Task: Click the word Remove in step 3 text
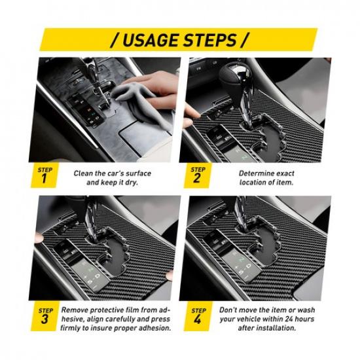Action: click(77, 308)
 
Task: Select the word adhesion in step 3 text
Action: click(147, 328)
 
